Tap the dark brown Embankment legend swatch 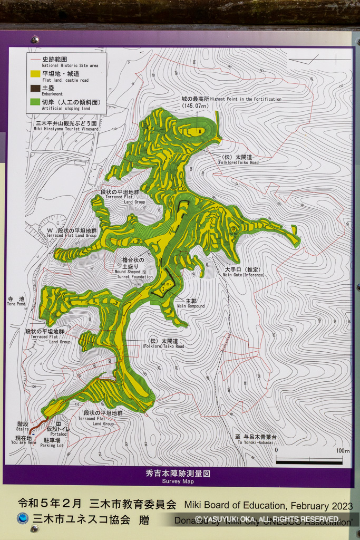pyautogui.click(x=35, y=89)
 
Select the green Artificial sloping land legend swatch pyautogui.click(x=35, y=102)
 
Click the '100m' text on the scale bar pyautogui.click(x=342, y=451)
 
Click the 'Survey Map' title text pyautogui.click(x=178, y=481)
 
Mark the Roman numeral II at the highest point pyautogui.click(x=200, y=131)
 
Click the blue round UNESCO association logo pyautogui.click(x=22, y=518)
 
